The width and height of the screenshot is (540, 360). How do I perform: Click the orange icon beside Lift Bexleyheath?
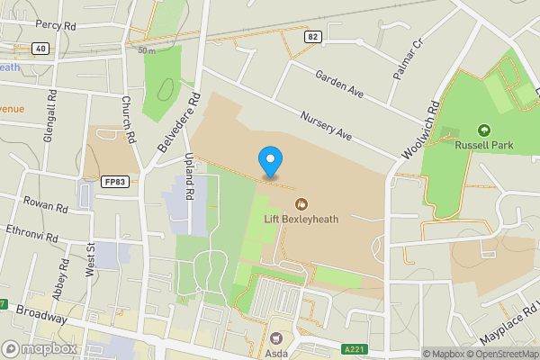coord(301,202)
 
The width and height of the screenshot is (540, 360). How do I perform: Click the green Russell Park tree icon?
coord(483,131)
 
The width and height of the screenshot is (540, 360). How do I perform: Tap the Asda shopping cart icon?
coord(276,337)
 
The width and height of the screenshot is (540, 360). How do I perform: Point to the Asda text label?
coord(276,353)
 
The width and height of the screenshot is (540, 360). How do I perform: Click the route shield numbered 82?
coord(312,36)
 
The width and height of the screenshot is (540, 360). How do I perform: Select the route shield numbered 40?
coord(40,49)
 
